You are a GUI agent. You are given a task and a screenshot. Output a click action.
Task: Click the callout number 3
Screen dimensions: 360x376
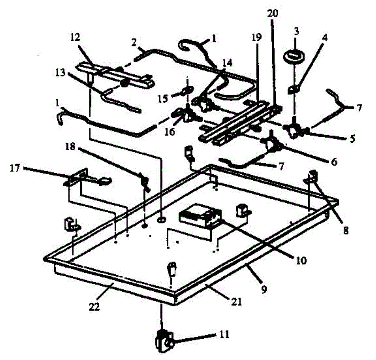[x=296, y=31]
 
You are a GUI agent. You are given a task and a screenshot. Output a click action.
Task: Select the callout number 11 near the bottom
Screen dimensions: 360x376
[x=224, y=335]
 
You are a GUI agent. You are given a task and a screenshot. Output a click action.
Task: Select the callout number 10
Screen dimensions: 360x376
[x=300, y=260]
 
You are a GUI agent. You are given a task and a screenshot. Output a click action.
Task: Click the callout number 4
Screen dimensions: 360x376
[x=325, y=38]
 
